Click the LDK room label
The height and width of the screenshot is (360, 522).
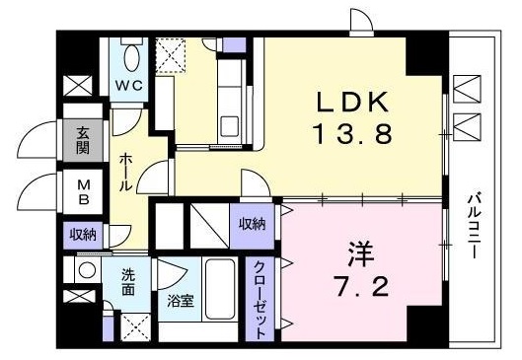352,103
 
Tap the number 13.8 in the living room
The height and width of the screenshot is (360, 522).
352,133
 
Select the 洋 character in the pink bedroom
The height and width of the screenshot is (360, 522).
361,253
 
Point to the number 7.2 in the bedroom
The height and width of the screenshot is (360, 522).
362,286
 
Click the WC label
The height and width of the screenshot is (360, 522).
129,86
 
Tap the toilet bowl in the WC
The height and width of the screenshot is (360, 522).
131,57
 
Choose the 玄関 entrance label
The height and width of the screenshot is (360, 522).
83,140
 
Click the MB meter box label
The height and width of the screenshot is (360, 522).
83,192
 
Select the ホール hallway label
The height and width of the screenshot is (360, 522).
125,172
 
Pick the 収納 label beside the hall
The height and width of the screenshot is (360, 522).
83,235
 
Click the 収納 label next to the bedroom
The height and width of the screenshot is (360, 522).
253,225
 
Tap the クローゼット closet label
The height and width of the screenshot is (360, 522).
260,300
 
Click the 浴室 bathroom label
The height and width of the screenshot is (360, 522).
181,301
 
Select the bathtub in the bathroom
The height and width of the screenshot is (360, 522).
220,289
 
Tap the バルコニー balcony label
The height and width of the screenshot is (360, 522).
473,227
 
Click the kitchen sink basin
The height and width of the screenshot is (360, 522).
229,126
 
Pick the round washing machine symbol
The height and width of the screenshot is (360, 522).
85,269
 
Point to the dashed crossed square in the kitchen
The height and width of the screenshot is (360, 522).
171,55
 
